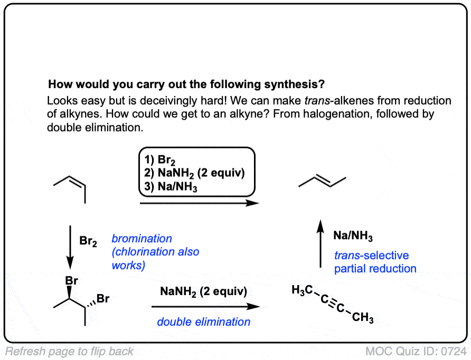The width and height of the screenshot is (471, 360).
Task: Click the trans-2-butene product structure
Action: (322, 182)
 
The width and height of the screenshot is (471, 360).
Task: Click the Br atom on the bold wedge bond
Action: (71, 281)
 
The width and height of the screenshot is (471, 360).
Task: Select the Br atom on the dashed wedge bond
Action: (103, 299)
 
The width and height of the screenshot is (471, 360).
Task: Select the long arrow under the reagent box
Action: (201, 203)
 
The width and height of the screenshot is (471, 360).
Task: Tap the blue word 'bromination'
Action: (142, 239)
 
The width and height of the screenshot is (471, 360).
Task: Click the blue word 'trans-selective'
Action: (371, 255)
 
